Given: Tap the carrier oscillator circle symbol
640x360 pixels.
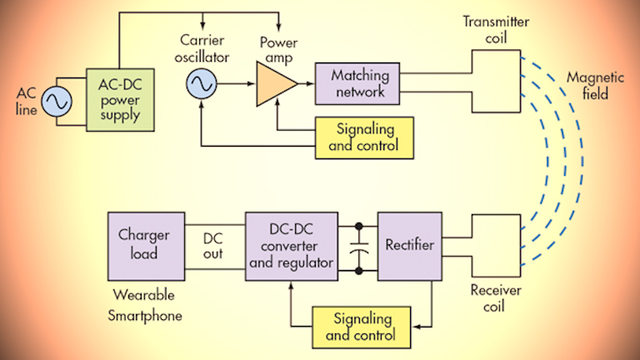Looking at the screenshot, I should tap(201, 84).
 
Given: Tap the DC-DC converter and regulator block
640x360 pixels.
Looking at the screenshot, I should tap(291, 244).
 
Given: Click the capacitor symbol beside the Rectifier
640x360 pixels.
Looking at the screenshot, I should tap(358, 247).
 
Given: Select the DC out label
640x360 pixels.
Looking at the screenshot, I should tap(212, 246).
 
